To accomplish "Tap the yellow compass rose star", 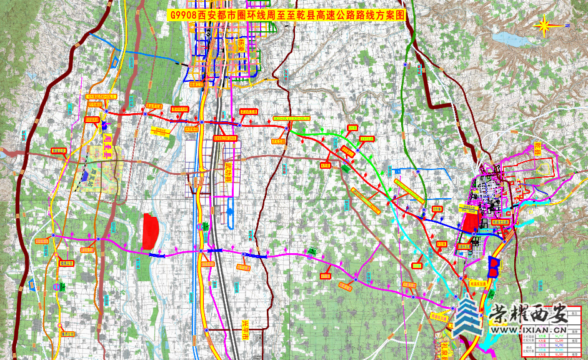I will point(544,26).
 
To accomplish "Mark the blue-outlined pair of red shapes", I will point(494,267).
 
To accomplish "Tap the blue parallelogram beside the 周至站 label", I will point(84,177).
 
